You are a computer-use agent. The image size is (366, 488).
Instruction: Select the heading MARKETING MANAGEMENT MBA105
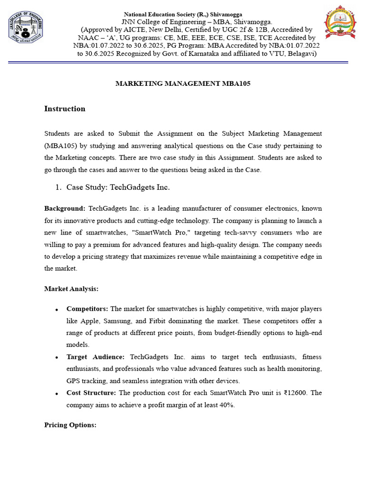pyautogui.click(x=183, y=83)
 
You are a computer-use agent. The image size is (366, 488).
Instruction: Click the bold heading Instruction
pyautogui.click(x=65, y=109)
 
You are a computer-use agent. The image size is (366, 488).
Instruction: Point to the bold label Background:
pyautogui.click(x=65, y=208)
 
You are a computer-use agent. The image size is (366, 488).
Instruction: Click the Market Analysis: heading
pyautogui.click(x=71, y=288)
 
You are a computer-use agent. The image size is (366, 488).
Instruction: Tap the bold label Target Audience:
pyautogui.click(x=95, y=356)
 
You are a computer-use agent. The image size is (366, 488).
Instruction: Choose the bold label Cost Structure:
pyautogui.click(x=91, y=393)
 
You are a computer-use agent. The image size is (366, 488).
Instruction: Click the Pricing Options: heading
pyautogui.click(x=70, y=425)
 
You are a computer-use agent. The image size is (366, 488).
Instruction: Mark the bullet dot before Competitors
pyautogui.click(x=57, y=309)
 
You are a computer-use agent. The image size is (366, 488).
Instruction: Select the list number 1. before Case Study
pyautogui.click(x=59, y=187)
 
